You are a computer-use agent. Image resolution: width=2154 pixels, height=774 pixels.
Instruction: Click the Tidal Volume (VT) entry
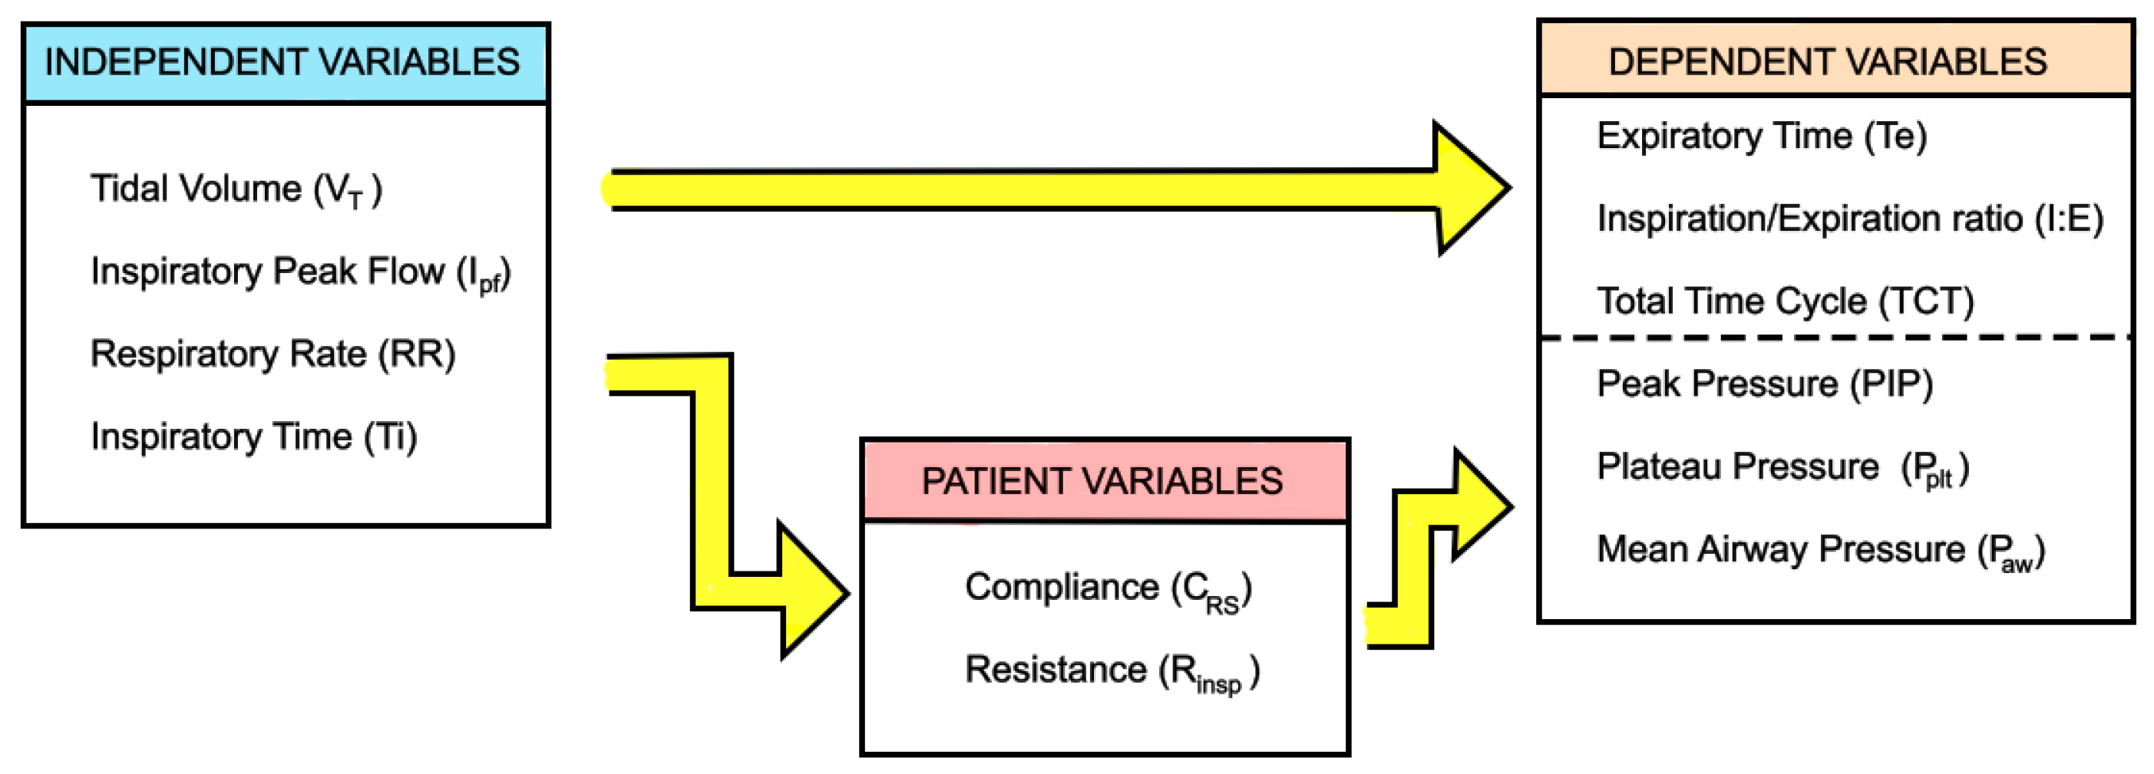pyautogui.click(x=236, y=189)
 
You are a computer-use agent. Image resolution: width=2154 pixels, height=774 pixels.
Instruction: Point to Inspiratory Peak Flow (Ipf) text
pyautogui.click(x=299, y=272)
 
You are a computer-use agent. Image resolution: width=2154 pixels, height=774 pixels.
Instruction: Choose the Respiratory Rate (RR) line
pyautogui.click(x=273, y=354)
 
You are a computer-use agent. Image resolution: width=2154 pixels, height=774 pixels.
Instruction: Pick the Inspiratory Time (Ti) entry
pyautogui.click(x=253, y=437)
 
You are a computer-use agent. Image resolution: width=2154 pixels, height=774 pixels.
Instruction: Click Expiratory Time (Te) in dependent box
pyautogui.click(x=1762, y=137)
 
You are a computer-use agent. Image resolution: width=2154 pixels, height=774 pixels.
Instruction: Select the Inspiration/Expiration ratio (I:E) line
pyautogui.click(x=1850, y=219)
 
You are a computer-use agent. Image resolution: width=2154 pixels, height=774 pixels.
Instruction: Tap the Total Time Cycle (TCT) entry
pyautogui.click(x=1786, y=301)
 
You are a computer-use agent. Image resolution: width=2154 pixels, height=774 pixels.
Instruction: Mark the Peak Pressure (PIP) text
pyautogui.click(x=1764, y=384)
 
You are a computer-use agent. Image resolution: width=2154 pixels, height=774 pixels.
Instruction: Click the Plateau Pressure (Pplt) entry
pyautogui.click(x=1782, y=467)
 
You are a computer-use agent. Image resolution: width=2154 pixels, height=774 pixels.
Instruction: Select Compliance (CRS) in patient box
pyautogui.click(x=1108, y=588)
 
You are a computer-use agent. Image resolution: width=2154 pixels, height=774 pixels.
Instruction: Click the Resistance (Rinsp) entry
pyautogui.click(x=1112, y=671)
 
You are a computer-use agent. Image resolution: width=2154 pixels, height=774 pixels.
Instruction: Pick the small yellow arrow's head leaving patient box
pyautogui.click(x=1480, y=505)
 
